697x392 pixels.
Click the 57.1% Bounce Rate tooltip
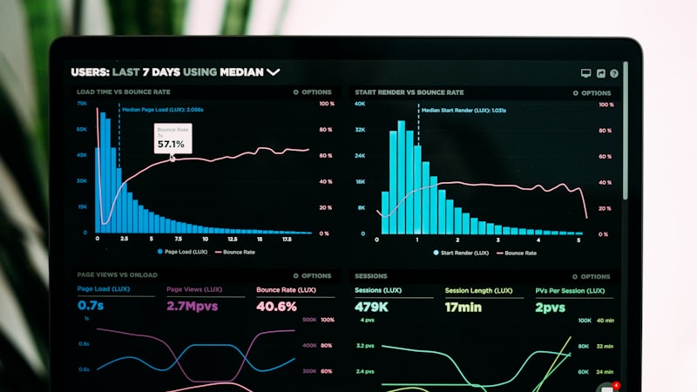pyautogui.click(x=173, y=139)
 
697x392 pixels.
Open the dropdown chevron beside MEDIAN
pyautogui.click(x=274, y=71)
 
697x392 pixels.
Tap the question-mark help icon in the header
pyautogui.click(x=614, y=74)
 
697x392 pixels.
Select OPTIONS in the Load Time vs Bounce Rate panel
pyautogui.click(x=313, y=91)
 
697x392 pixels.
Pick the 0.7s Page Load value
pyautogui.click(x=91, y=306)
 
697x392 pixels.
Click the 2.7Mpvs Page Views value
pyautogui.click(x=193, y=306)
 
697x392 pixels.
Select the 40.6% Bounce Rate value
pyautogui.click(x=276, y=306)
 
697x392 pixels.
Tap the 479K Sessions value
pyautogui.click(x=371, y=307)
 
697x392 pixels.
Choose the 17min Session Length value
pyautogui.click(x=464, y=307)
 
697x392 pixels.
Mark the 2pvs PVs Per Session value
pyautogui.click(x=551, y=307)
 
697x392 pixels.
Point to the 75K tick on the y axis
pyautogui.click(x=82, y=104)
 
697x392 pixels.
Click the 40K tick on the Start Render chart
pyautogui.click(x=360, y=104)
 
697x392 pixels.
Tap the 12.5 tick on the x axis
pyautogui.click(x=232, y=239)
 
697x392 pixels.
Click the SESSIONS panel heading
pyautogui.click(x=371, y=275)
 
